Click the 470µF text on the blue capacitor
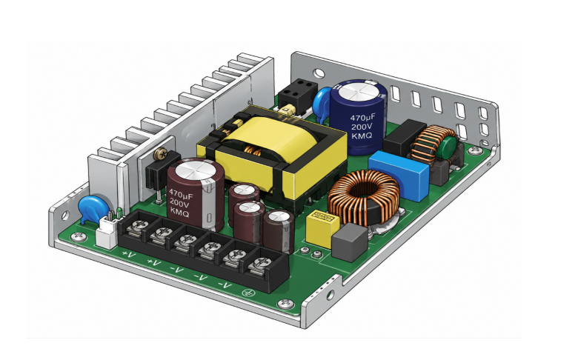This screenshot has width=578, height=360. (362, 118)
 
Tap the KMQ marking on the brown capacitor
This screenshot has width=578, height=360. (180, 213)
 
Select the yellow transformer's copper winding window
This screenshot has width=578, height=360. (253, 150)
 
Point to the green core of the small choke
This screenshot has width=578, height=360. (448, 148)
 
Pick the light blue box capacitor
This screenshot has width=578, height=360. (399, 175)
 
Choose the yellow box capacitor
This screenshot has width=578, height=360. (322, 228)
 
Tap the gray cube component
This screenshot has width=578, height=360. (350, 242)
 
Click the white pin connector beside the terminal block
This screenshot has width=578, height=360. (107, 233)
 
